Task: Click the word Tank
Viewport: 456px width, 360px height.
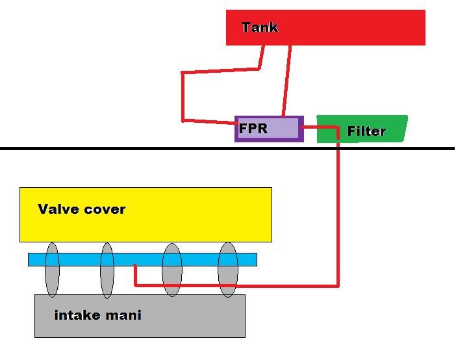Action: point(259,27)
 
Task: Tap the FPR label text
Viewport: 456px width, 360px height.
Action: point(253,128)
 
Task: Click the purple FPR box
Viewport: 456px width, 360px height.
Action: point(286,129)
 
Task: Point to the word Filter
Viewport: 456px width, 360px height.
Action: point(366,131)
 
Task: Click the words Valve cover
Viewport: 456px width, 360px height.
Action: point(81,209)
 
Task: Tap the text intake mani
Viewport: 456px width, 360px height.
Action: point(97,316)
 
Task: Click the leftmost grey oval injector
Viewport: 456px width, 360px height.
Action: point(52,269)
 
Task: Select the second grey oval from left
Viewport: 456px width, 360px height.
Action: point(107,270)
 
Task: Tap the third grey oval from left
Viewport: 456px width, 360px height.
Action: point(171,270)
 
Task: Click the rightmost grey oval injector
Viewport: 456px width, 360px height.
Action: point(227,269)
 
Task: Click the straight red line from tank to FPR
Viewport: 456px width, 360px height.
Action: point(286,81)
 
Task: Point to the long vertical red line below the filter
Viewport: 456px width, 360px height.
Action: point(338,214)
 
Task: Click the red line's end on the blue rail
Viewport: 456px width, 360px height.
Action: point(134,266)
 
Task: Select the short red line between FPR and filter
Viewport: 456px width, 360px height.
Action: point(320,128)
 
